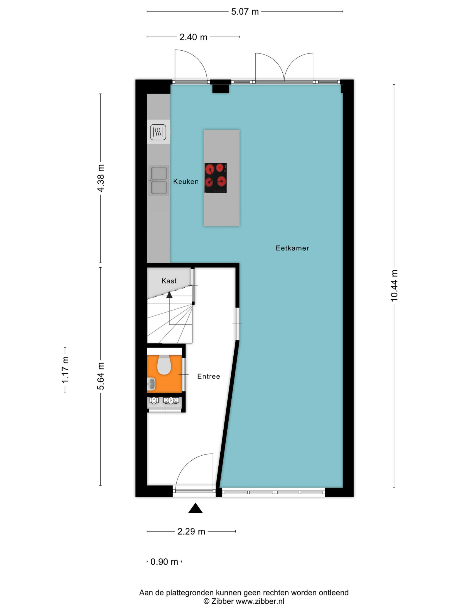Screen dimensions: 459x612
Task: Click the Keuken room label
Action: pos(186,182)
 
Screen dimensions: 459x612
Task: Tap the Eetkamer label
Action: pos(292,248)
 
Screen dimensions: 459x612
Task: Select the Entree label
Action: pos(209,376)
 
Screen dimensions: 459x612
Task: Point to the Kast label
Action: pos(169,281)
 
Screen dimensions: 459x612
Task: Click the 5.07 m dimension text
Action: pos(245,12)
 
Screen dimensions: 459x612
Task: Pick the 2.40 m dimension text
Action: pos(193,37)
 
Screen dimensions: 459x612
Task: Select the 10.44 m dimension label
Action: pos(394,285)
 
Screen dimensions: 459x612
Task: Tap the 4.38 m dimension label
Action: pos(101,178)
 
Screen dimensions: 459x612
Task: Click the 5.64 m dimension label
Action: pos(101,376)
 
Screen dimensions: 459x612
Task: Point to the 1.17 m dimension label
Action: pos(65,370)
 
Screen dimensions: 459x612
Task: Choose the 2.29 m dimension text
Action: pos(191,532)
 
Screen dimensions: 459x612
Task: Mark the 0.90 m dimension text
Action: pos(164,562)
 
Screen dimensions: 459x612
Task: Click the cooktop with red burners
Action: pos(216,178)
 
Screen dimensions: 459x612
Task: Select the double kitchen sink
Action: pos(159,181)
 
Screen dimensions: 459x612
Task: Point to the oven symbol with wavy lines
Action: pos(158,132)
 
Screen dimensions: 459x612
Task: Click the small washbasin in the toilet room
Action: pos(151,384)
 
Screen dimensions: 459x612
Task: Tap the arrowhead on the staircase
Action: pos(169,295)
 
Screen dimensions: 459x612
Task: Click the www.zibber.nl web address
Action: pos(260,601)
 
